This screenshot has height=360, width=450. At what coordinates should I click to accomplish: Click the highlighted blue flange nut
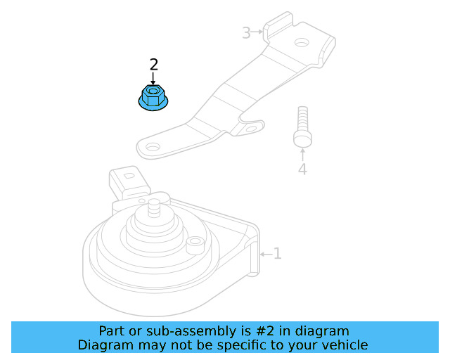(x=153, y=98)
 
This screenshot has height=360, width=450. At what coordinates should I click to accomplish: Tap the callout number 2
(x=154, y=65)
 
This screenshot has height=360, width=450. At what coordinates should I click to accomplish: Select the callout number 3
(x=247, y=33)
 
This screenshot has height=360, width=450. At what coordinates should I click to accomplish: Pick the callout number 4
(x=302, y=169)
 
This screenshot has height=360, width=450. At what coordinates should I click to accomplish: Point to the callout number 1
(x=277, y=254)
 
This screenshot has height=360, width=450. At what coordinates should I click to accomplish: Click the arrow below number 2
(x=153, y=78)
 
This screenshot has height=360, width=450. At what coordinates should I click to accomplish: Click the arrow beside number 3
(x=257, y=32)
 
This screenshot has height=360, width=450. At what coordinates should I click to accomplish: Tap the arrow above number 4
(x=302, y=155)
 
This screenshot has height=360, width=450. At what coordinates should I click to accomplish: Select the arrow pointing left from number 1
(x=266, y=254)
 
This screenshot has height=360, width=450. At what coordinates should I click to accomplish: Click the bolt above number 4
(x=302, y=127)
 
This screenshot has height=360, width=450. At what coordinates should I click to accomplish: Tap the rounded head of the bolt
(x=302, y=139)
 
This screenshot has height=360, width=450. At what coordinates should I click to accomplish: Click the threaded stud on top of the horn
(x=155, y=208)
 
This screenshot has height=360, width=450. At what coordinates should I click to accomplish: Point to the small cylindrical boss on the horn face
(x=195, y=245)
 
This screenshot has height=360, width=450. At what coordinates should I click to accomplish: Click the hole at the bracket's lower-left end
(x=153, y=148)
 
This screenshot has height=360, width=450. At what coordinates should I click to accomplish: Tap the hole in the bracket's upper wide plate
(x=302, y=43)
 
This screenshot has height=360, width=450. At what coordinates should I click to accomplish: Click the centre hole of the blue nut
(x=153, y=91)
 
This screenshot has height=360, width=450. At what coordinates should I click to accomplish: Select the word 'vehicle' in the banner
(x=349, y=345)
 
